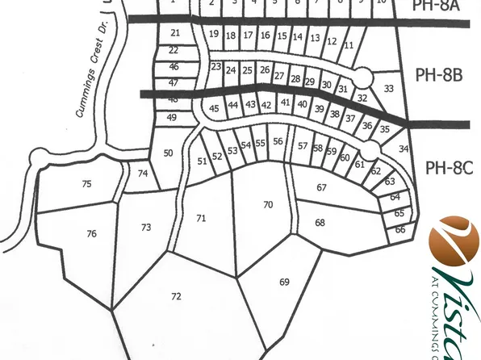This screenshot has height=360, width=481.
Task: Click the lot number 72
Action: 176,297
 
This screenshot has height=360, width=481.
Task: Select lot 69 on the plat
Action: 284,282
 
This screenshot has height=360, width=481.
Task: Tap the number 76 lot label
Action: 91,234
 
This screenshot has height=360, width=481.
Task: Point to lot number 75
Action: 86,184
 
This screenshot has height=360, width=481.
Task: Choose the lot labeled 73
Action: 146,228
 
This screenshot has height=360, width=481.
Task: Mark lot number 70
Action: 268,205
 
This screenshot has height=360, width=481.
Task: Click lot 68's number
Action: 320,222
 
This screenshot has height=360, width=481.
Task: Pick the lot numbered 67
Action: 321,187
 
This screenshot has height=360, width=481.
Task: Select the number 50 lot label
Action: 168,153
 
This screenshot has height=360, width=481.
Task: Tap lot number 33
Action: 389,88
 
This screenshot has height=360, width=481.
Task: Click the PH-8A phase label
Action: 435,6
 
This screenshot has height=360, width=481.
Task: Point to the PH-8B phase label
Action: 438,75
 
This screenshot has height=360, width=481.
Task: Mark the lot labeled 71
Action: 201,218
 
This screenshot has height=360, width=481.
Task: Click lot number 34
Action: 404,149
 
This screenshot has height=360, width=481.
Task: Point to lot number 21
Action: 175,33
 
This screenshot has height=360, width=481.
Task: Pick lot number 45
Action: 214,109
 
